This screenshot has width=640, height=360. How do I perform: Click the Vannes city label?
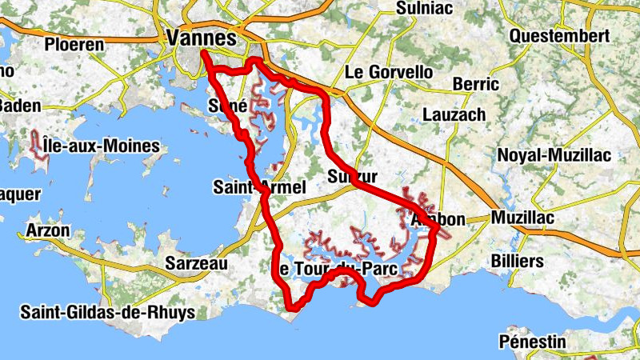(202, 38)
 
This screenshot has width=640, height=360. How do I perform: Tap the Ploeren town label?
(75, 44)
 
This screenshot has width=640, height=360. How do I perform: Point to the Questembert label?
(559, 36)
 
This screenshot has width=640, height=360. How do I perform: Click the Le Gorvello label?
(388, 72)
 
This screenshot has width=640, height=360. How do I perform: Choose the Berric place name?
(475, 84)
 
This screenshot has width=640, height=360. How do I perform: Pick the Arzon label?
(47, 230)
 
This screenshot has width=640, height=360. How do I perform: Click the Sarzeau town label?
(197, 263)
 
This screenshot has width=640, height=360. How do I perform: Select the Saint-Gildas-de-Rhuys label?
(108, 312)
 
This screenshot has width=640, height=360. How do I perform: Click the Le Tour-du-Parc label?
(335, 268)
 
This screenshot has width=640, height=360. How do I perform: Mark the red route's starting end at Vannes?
(203, 54)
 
